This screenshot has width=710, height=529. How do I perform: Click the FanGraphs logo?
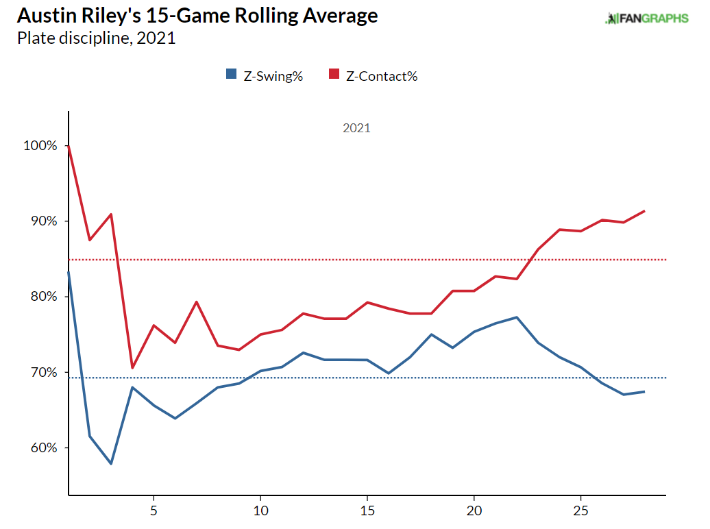pos(646,19)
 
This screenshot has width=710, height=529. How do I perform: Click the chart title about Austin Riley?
pos(197,16)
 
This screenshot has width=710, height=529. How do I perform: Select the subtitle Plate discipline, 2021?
pos(96,38)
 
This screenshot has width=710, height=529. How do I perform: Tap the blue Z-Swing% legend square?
pos(230,75)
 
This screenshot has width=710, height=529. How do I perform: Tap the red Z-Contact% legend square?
pos(335,75)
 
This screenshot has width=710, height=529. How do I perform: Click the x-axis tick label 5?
pos(154,510)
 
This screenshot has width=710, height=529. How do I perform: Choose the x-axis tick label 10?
pos(260,510)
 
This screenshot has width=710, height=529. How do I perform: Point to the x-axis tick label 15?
pos(367,510)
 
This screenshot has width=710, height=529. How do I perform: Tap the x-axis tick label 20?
pos(474,510)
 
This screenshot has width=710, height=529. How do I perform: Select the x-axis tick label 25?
pos(580,510)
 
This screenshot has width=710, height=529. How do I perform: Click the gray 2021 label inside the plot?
pos(356,128)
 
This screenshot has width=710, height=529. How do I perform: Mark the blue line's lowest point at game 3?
pos(111,464)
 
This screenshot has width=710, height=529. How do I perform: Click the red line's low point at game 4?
pos(132,368)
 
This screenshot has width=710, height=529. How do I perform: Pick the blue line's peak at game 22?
pos(516,317)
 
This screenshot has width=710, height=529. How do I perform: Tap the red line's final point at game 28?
pos(644,211)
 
